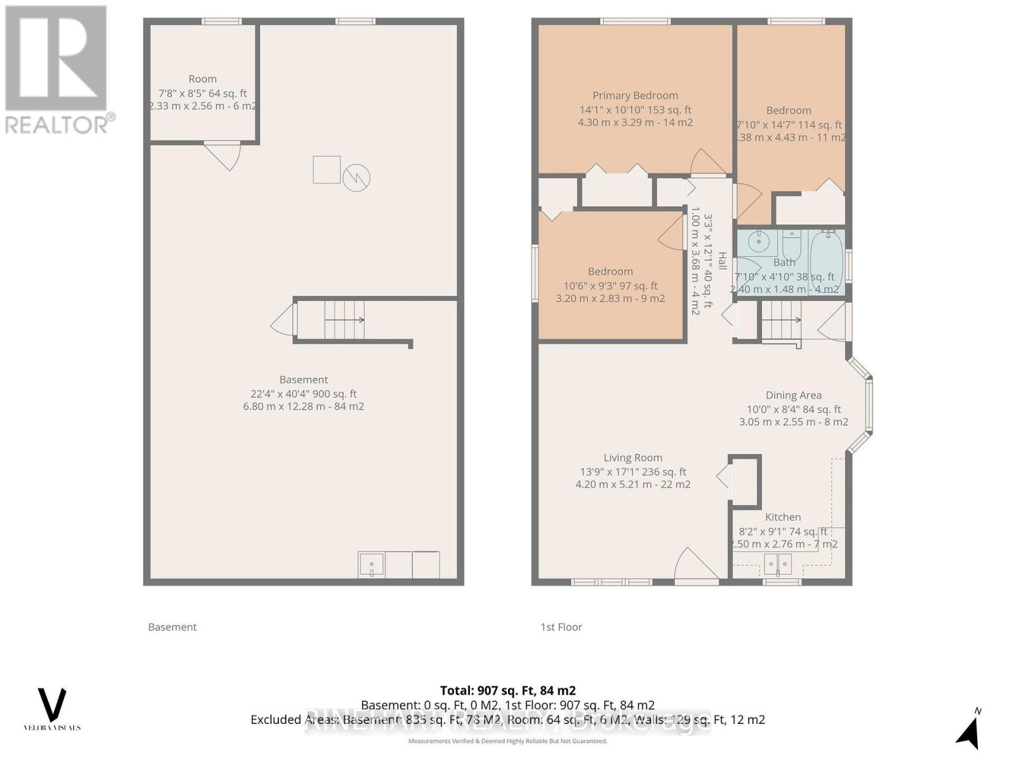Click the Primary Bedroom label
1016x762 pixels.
[x=635, y=96]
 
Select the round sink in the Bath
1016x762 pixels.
[x=758, y=242]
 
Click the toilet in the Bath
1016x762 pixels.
[x=791, y=243]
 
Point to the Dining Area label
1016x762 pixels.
[x=793, y=396]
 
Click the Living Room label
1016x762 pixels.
[x=632, y=458]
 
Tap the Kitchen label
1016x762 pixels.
[x=782, y=518]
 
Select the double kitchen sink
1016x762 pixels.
[x=778, y=564]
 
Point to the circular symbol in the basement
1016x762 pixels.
[x=356, y=178]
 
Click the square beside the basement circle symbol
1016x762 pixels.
[x=326, y=170]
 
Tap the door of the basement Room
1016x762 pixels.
[x=224, y=156]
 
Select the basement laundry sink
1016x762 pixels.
[x=371, y=565]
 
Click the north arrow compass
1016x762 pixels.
[x=968, y=732]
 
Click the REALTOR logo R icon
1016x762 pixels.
[x=56, y=58]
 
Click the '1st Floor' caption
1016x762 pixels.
[x=561, y=627]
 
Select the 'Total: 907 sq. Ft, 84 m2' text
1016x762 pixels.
[x=507, y=691]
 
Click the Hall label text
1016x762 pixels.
[x=722, y=261]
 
